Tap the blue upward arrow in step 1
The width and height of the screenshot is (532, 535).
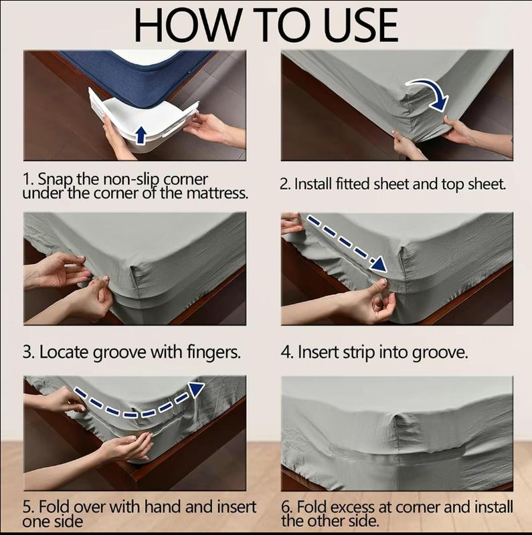[141, 134]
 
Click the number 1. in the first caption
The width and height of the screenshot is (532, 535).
[28, 180]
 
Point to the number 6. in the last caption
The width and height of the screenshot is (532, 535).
[288, 507]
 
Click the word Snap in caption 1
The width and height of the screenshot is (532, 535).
[54, 180]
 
